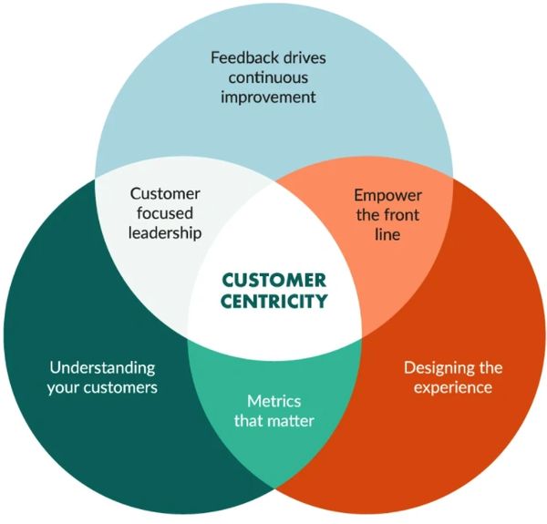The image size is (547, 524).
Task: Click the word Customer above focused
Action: point(164,194)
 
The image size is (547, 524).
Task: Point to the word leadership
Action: point(164,232)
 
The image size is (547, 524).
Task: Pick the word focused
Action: point(164,213)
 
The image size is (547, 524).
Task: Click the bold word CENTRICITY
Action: point(273,301)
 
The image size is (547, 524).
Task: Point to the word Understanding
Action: point(102,368)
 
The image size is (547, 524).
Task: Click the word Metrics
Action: point(273,401)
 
